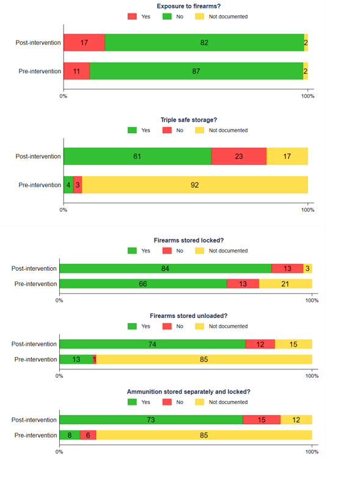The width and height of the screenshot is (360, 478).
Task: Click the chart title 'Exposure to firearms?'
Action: click(x=188, y=6)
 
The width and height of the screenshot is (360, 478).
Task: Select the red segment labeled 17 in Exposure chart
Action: click(x=84, y=42)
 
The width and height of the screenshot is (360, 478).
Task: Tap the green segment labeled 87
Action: click(x=196, y=71)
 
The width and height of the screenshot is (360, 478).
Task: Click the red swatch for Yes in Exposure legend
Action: click(x=132, y=17)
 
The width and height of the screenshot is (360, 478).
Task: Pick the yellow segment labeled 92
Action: click(x=195, y=185)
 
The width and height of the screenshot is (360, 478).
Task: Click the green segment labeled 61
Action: click(x=138, y=156)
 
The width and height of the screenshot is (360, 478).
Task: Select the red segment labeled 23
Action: click(x=239, y=156)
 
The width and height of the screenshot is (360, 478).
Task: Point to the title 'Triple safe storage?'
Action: click(x=189, y=120)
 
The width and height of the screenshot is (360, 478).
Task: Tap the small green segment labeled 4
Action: click(x=68, y=185)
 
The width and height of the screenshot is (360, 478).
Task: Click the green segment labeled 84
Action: click(x=166, y=268)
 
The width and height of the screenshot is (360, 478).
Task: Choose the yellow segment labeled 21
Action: click(x=285, y=284)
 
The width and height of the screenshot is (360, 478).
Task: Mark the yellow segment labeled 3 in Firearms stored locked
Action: click(x=307, y=268)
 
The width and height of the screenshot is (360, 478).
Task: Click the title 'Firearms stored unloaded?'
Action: click(x=188, y=316)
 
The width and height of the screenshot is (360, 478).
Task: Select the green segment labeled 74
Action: click(x=153, y=344)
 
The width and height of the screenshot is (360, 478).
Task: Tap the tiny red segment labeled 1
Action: click(x=95, y=359)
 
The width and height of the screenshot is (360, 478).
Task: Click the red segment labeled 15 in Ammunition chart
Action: click(x=262, y=419)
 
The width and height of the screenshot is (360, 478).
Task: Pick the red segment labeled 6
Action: click(x=88, y=435)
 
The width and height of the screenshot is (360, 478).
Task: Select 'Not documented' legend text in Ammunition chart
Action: click(x=228, y=402)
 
